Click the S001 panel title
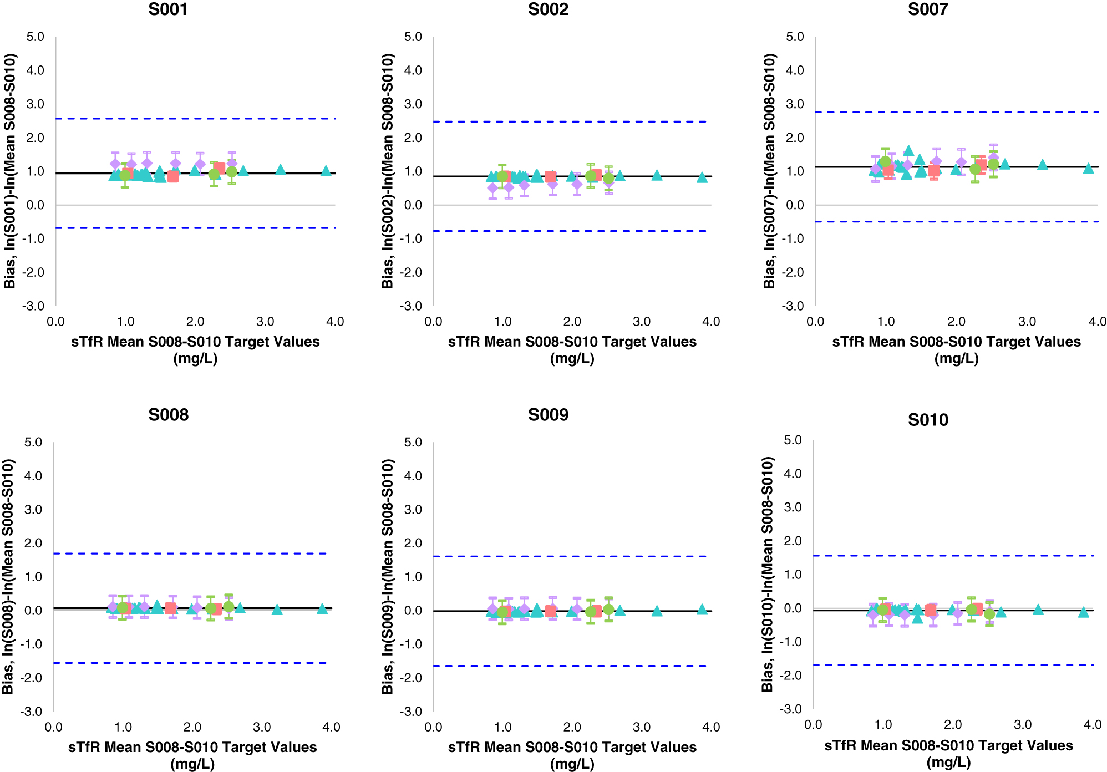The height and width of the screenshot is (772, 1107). click(168, 9)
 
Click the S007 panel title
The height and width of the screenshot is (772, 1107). click(928, 9)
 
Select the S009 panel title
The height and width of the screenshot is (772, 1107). click(548, 415)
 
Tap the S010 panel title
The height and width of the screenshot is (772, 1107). click(928, 420)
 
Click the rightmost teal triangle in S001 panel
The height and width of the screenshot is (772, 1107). click(326, 171)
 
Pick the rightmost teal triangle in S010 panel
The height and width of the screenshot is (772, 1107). click(1084, 612)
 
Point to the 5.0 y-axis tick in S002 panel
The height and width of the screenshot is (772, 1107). click(413, 37)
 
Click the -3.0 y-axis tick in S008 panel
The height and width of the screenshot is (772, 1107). click(31, 712)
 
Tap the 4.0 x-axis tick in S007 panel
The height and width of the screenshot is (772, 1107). click(1098, 322)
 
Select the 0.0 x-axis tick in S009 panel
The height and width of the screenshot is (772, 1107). click(433, 727)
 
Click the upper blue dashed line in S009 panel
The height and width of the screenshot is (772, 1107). click(571, 556)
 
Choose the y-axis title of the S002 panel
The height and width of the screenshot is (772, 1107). click(388, 171)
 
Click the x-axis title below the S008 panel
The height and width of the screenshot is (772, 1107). click(192, 755)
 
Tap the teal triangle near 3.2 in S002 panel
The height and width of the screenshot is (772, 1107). click(657, 175)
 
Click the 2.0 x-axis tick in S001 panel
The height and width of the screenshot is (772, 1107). click(195, 322)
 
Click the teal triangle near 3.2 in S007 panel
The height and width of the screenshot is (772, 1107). click(1043, 165)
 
